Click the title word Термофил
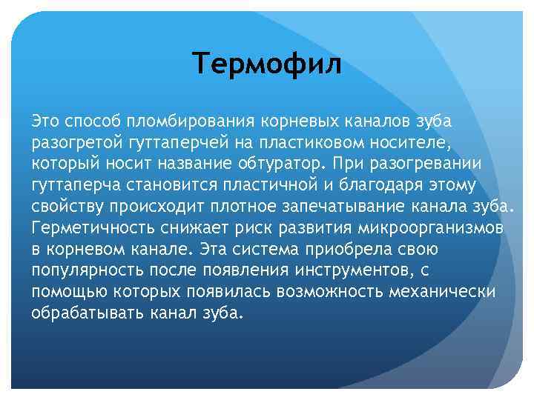point(267,64)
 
